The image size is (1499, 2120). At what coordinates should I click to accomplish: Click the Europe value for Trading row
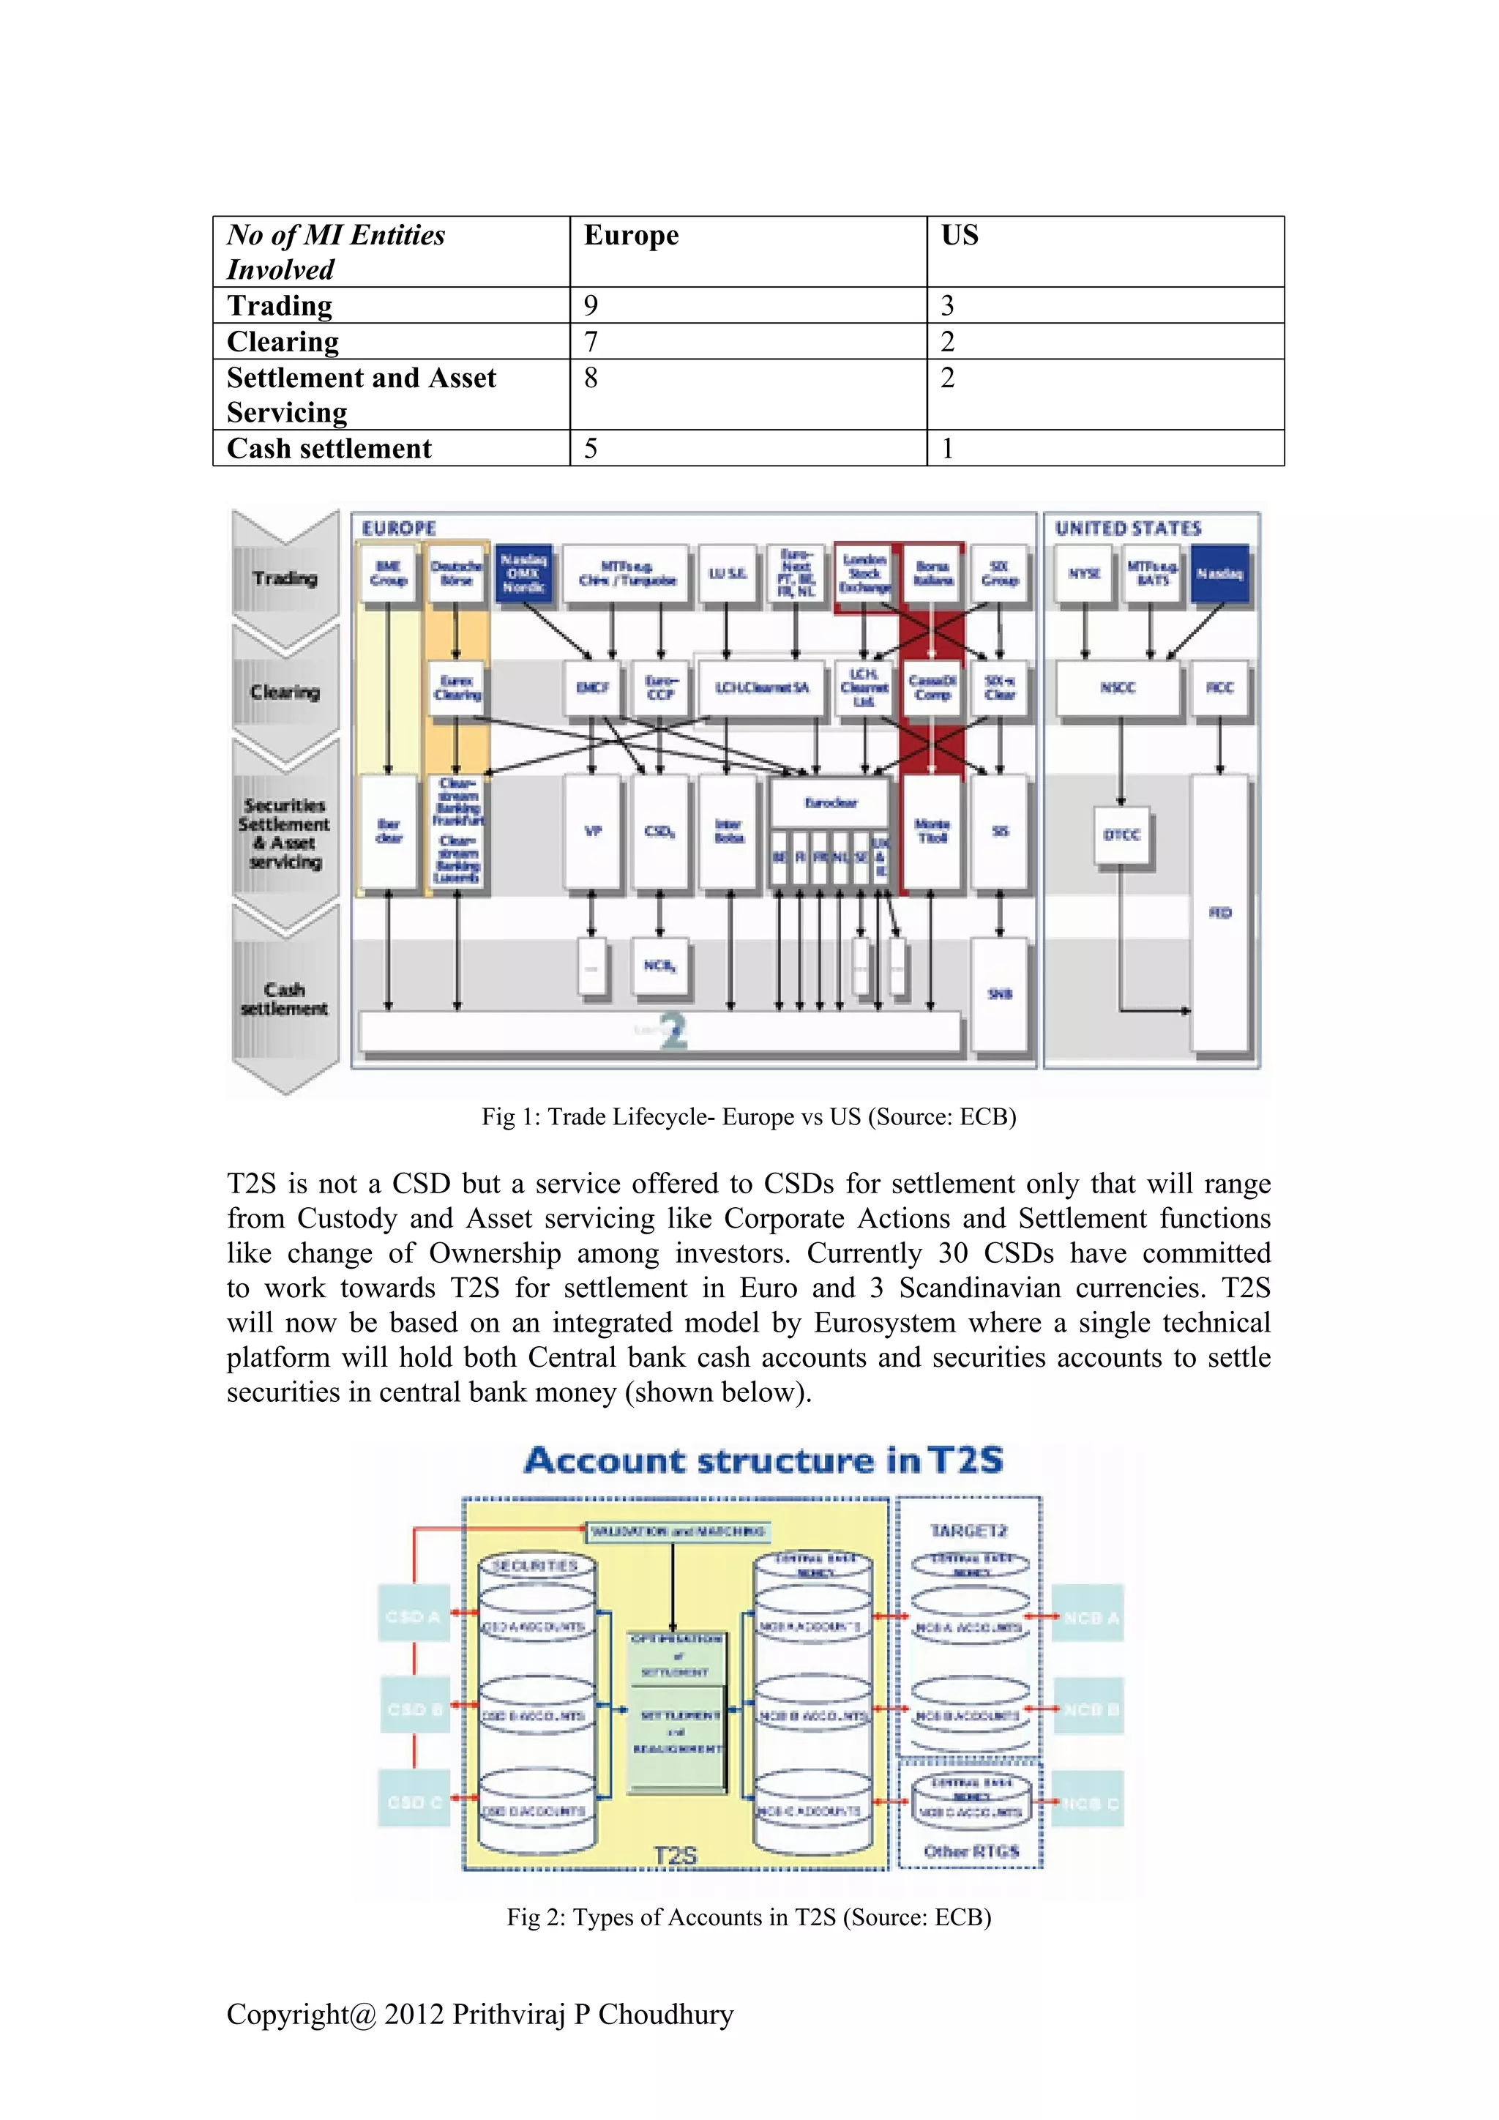(x=591, y=305)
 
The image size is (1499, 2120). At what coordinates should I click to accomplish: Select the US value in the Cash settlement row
(x=947, y=449)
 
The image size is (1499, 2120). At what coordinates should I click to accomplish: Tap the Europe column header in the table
(x=632, y=236)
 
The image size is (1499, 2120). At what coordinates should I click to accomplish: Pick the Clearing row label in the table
(x=283, y=342)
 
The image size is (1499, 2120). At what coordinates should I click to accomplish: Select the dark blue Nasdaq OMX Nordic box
(x=523, y=573)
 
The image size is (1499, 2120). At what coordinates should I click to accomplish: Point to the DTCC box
(x=1121, y=835)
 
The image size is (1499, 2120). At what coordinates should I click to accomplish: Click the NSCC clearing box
(x=1118, y=688)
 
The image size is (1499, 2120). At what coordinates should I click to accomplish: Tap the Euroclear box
(x=830, y=802)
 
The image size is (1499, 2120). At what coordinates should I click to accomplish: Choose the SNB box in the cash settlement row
(x=1000, y=994)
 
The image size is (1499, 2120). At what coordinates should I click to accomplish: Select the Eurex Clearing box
(x=457, y=688)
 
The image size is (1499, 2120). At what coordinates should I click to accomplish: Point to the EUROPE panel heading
(x=399, y=528)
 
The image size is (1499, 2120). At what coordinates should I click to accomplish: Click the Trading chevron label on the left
(x=285, y=578)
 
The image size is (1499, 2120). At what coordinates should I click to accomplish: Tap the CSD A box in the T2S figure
(x=414, y=1617)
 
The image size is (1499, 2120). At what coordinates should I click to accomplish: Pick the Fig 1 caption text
(x=749, y=1117)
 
